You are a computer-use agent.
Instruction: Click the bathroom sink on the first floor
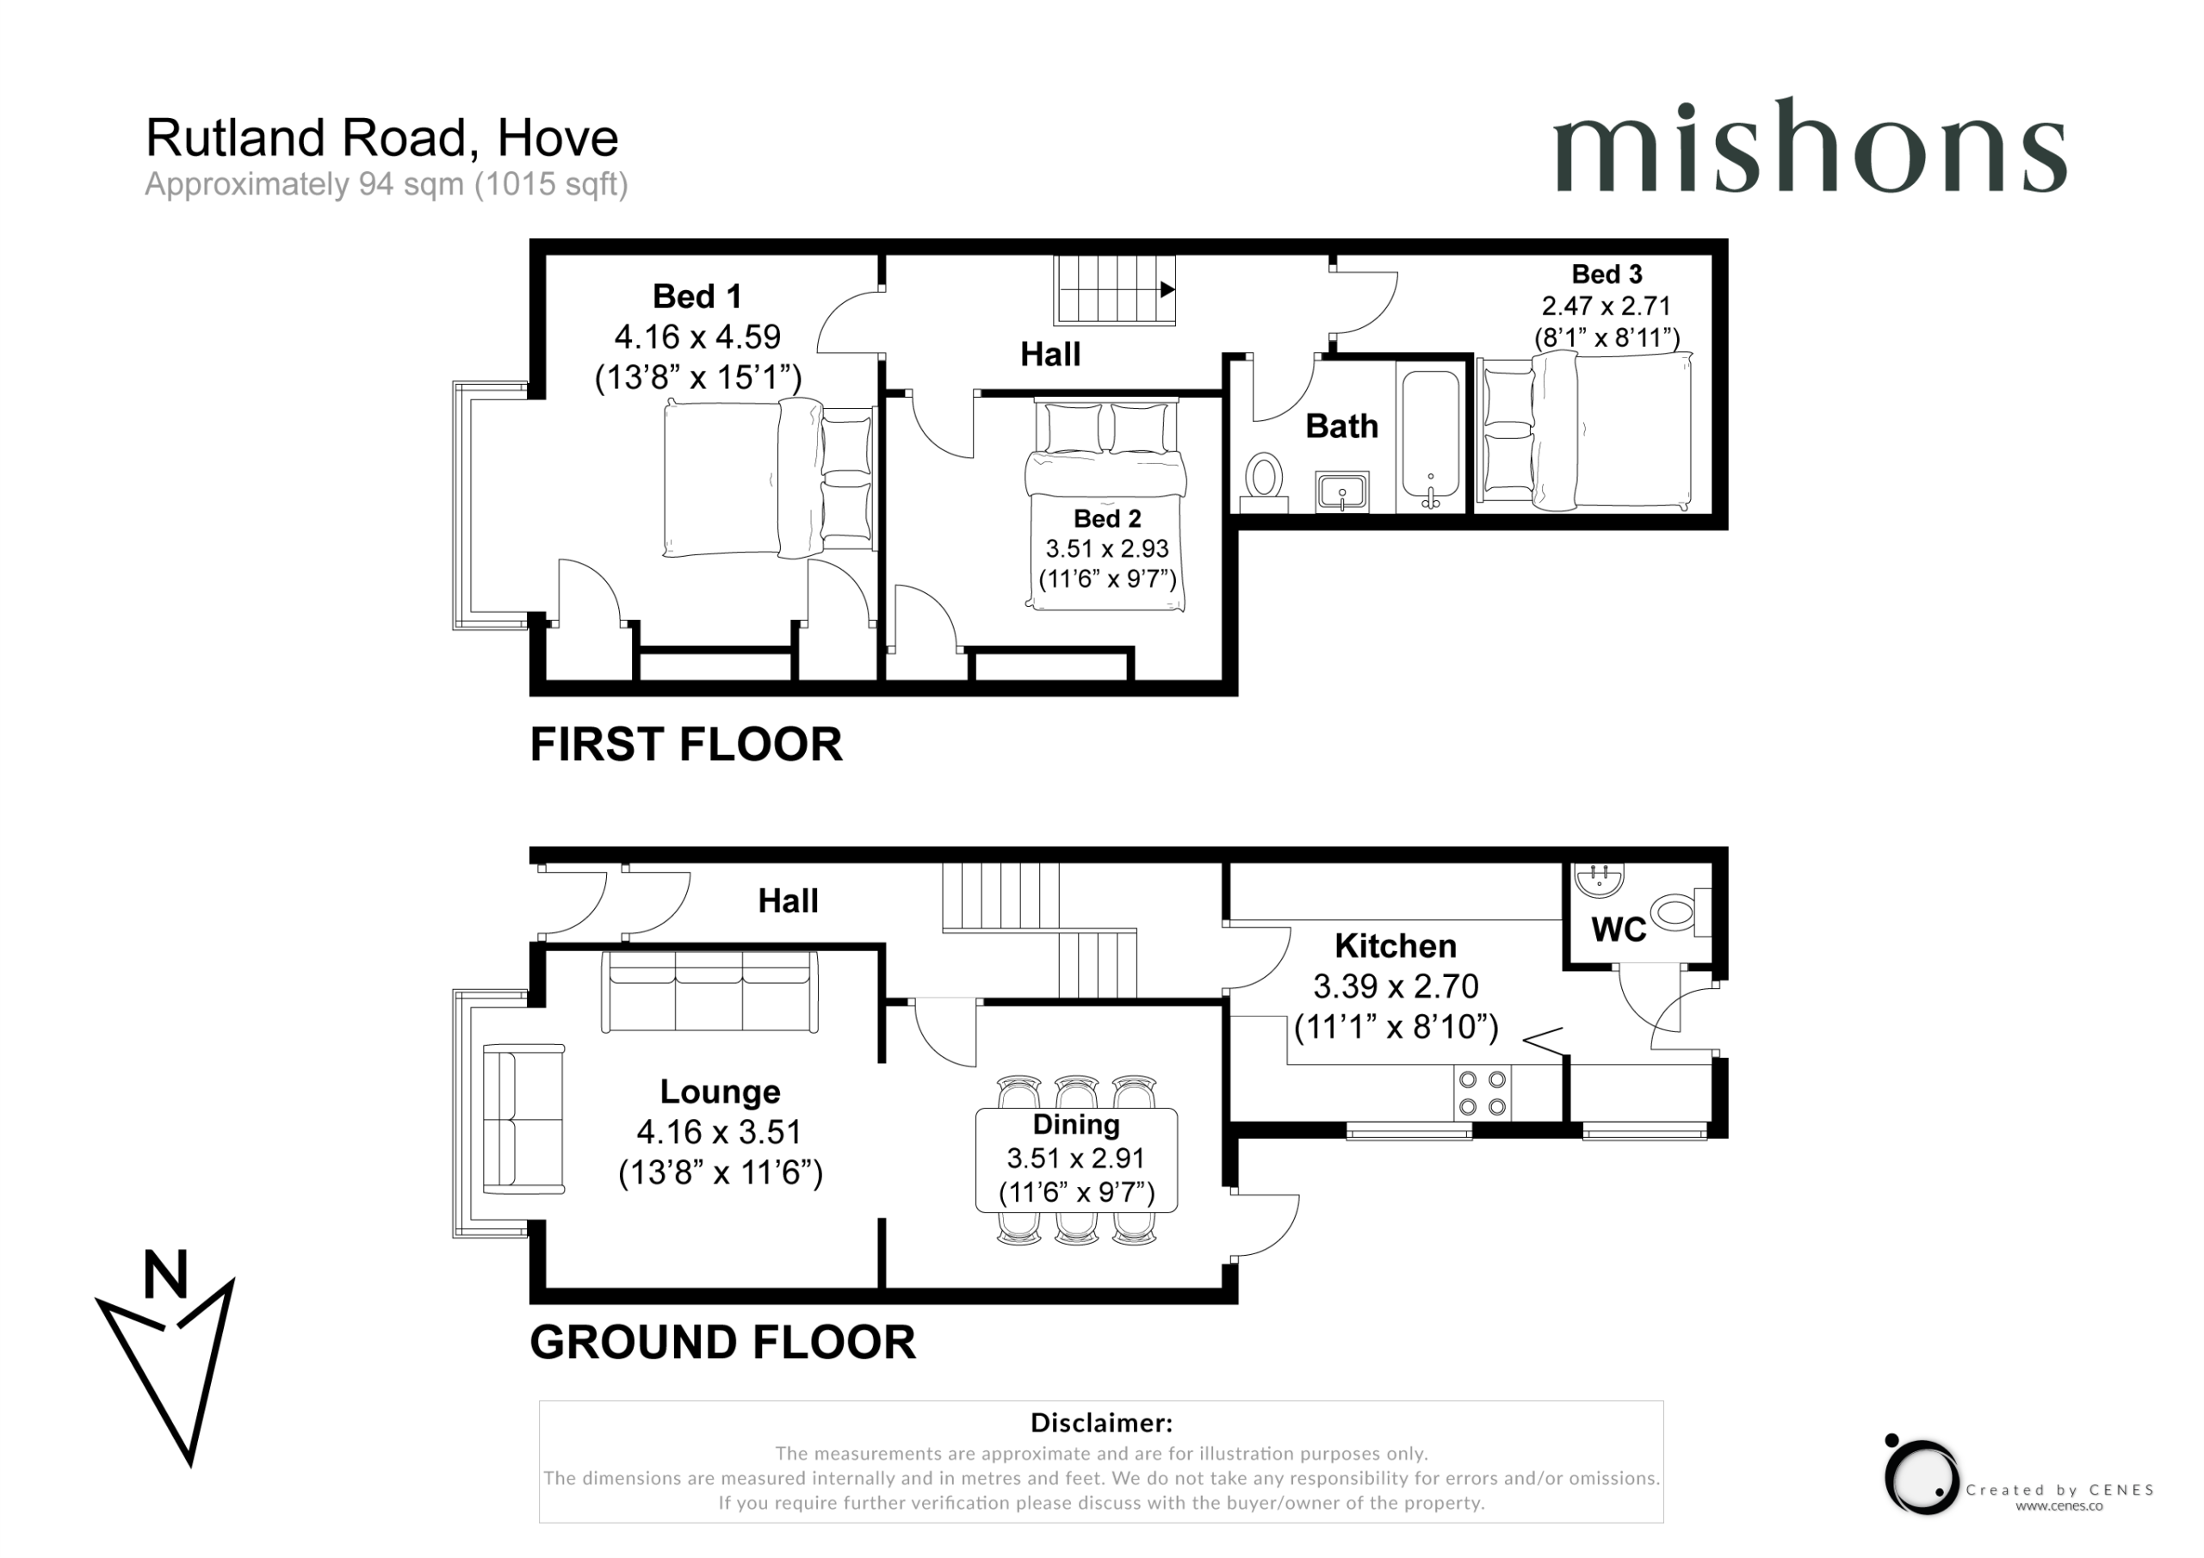coord(1342,492)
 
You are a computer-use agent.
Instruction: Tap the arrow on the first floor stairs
coord(1167,289)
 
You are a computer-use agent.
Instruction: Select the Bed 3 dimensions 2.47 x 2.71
coord(1606,306)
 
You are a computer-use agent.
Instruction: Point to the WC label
coord(1619,930)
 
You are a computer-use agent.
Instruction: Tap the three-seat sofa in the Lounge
coord(709,992)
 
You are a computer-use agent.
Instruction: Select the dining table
coord(1076,1159)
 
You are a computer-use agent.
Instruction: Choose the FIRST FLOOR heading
coord(686,744)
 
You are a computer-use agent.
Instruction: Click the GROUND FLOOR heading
coord(723,1341)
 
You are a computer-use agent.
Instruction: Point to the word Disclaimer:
coord(1101,1422)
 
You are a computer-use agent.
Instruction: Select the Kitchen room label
coord(1395,947)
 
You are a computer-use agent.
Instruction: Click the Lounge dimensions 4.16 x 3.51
coord(719,1132)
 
